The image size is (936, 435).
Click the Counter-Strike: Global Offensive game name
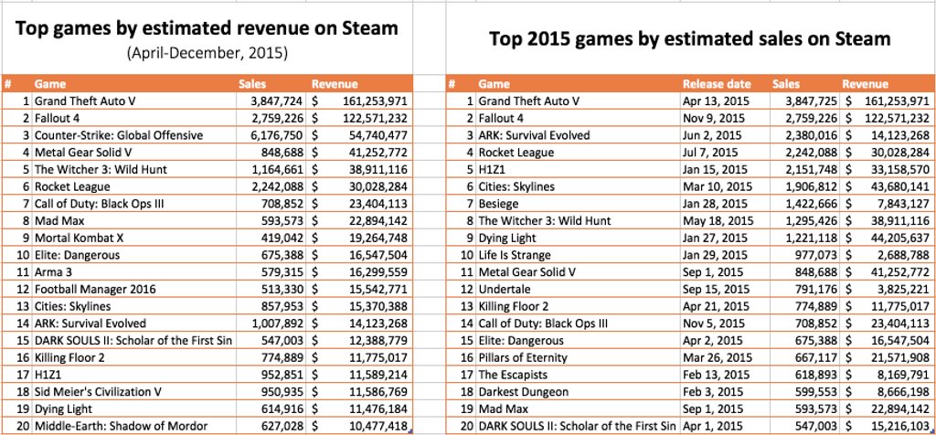[x=119, y=135]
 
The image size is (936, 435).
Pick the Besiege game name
[x=501, y=204]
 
